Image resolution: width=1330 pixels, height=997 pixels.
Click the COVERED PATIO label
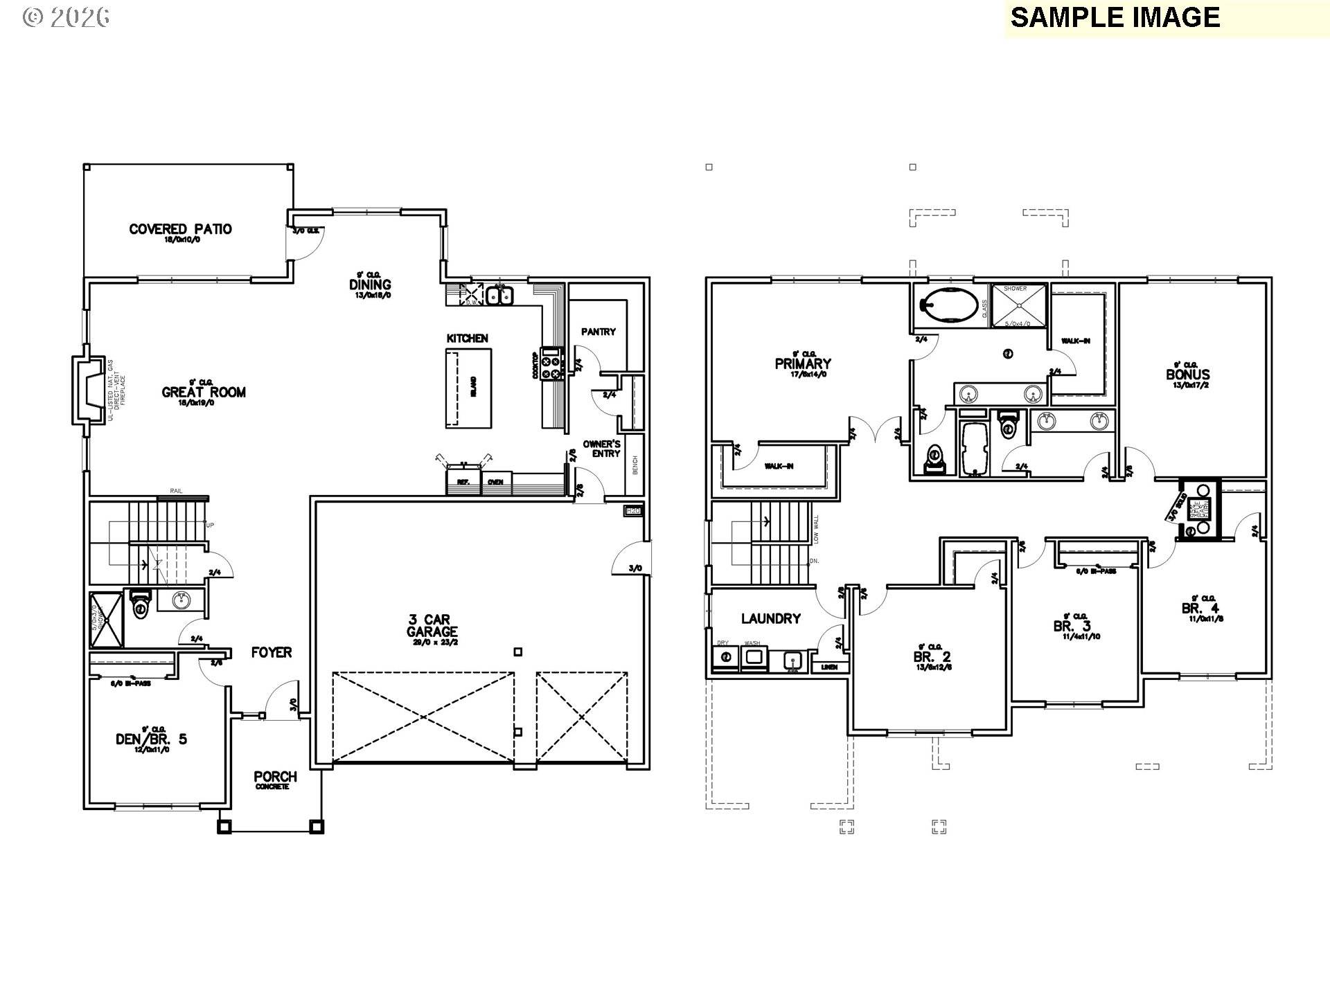point(180,229)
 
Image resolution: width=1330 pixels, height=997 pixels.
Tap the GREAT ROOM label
point(204,392)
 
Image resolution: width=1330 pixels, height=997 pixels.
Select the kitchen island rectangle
point(468,388)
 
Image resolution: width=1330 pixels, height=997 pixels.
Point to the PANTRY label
point(598,332)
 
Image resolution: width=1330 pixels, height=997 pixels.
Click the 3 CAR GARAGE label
point(432,626)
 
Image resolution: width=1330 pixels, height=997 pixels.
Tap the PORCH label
point(275,777)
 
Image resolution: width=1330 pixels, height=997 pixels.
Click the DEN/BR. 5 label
point(151,739)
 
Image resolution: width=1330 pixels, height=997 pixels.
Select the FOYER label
point(272,652)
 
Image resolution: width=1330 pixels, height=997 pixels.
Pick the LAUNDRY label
point(771,618)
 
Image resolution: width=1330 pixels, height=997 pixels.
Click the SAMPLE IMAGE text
point(1115,17)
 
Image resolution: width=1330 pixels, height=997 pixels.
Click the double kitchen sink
point(499,296)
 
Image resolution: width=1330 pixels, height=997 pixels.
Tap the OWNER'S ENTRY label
point(601,448)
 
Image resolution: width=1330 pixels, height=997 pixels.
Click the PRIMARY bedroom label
point(803,363)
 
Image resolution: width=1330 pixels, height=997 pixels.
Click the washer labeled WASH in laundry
point(753,657)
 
